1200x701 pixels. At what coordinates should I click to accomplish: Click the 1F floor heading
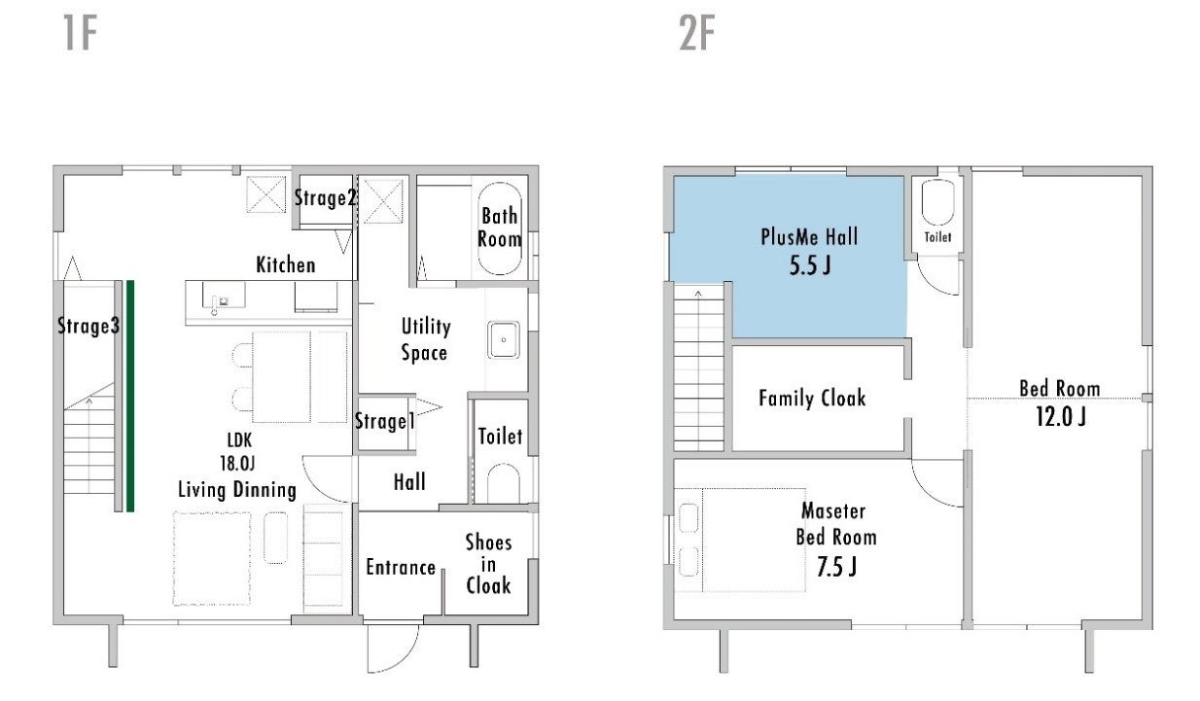click(x=81, y=33)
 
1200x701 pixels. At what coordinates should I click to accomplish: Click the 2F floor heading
click(x=697, y=33)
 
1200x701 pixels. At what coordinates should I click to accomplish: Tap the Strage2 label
click(x=325, y=198)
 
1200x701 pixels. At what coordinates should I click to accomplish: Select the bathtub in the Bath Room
click(x=499, y=229)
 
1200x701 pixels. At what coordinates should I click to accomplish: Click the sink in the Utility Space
click(x=503, y=339)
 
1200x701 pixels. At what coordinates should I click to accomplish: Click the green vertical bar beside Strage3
click(x=129, y=396)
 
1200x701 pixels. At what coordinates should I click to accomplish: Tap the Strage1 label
click(x=385, y=421)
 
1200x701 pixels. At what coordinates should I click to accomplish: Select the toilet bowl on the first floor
click(x=503, y=483)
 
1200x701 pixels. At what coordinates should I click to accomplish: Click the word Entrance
click(x=401, y=567)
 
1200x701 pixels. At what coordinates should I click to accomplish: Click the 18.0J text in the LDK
click(x=237, y=463)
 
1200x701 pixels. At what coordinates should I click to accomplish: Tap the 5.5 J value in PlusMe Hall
click(x=810, y=265)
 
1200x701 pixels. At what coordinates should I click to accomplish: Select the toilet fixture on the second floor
click(x=938, y=202)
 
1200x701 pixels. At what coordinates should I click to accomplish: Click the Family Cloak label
click(x=812, y=398)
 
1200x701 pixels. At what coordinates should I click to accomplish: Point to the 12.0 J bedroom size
click(x=1061, y=417)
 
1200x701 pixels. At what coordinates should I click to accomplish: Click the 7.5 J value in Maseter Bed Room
click(x=836, y=567)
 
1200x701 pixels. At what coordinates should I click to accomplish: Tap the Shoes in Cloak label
click(x=488, y=564)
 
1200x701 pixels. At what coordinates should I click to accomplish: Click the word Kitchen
click(x=286, y=265)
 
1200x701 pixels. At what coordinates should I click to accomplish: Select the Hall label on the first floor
click(x=409, y=482)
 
